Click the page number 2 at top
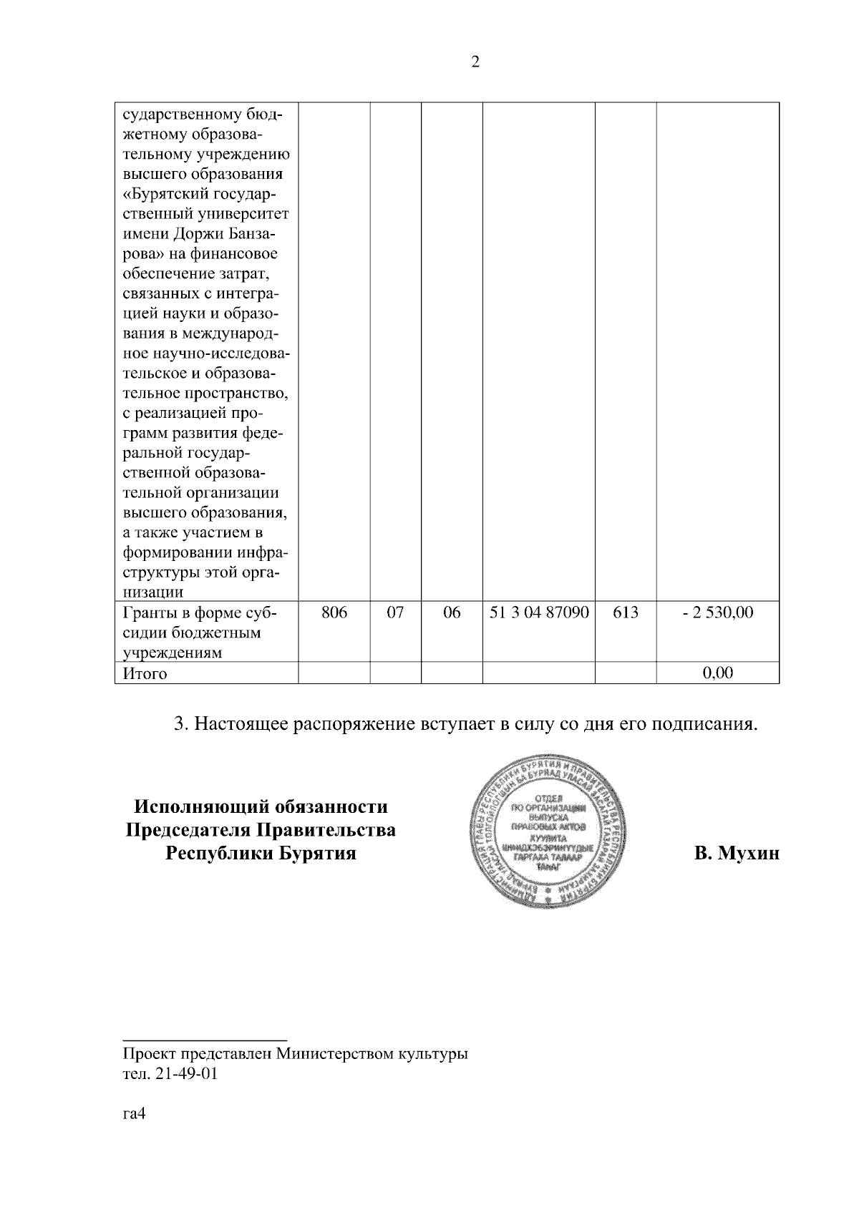pyautogui.click(x=475, y=62)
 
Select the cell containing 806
pyautogui.click(x=334, y=613)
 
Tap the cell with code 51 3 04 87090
pyautogui.click(x=539, y=613)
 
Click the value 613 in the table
pyautogui.click(x=626, y=613)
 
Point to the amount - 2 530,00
pyautogui.click(x=717, y=613)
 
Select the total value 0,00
pyautogui.click(x=718, y=673)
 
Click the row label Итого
pyautogui.click(x=145, y=673)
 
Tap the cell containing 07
pyautogui.click(x=395, y=613)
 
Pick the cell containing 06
pyautogui.click(x=452, y=613)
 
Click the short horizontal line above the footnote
pyautogui.click(x=205, y=1038)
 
